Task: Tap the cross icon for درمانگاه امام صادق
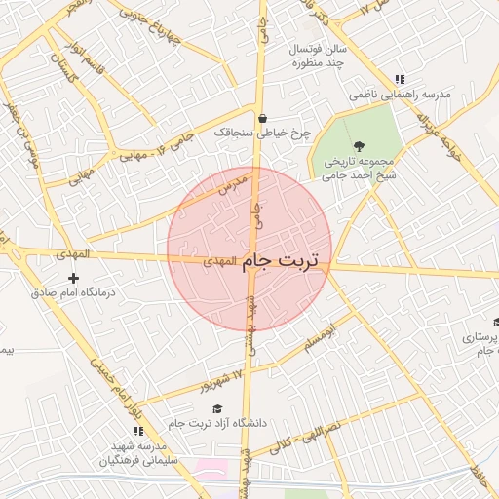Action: pyautogui.click(x=72, y=278)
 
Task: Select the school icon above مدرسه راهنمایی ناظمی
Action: pyautogui.click(x=399, y=80)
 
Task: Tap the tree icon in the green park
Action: pyautogui.click(x=359, y=145)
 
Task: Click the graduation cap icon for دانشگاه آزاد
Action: pyautogui.click(x=218, y=408)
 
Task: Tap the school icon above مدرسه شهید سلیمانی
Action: pyautogui.click(x=137, y=430)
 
